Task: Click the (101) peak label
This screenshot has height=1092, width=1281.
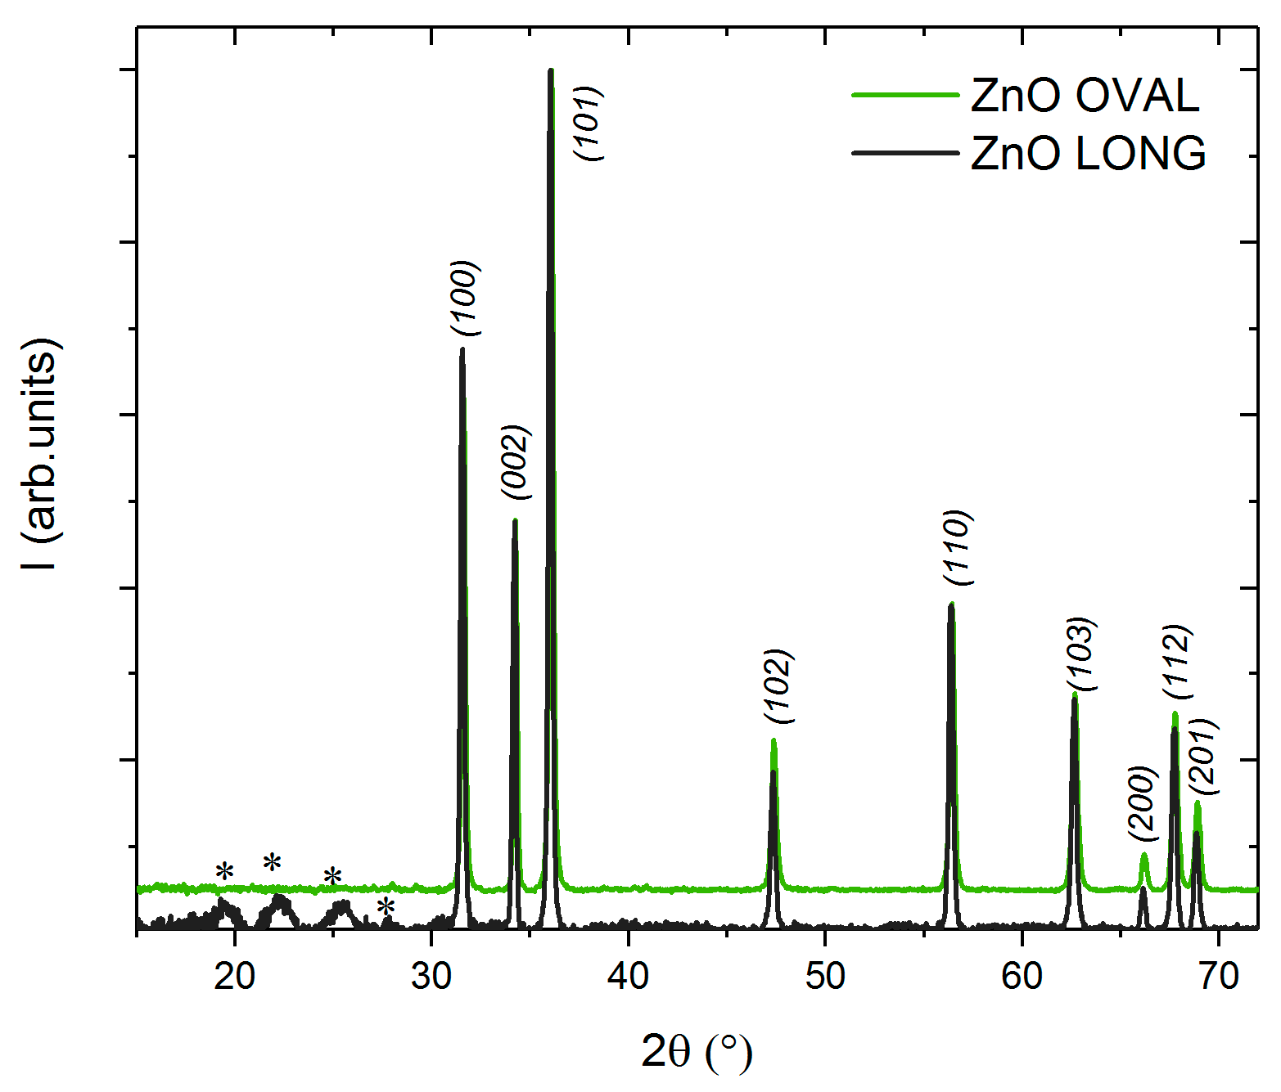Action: point(589,124)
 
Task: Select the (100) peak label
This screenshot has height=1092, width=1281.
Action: point(465,298)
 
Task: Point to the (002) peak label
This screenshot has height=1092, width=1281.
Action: point(516,462)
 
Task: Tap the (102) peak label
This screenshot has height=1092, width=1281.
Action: point(778,685)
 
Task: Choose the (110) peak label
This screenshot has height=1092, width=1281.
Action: point(957,547)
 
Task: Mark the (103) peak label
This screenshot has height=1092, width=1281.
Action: point(1080,654)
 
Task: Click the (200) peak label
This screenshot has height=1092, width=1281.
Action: point(1143,802)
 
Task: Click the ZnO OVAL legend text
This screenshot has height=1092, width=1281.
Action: point(1085,96)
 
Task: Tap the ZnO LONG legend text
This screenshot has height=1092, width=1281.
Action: point(1088,153)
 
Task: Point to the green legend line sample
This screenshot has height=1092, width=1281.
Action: point(904,96)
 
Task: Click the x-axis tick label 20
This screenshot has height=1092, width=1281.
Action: point(235,976)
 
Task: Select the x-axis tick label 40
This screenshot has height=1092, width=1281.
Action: point(629,976)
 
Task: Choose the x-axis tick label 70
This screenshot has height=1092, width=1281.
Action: point(1219,976)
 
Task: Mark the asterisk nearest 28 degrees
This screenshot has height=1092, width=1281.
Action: point(386,907)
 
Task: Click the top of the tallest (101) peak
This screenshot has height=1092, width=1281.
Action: point(551,71)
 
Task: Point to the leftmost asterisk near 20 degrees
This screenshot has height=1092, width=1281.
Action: point(224,872)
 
